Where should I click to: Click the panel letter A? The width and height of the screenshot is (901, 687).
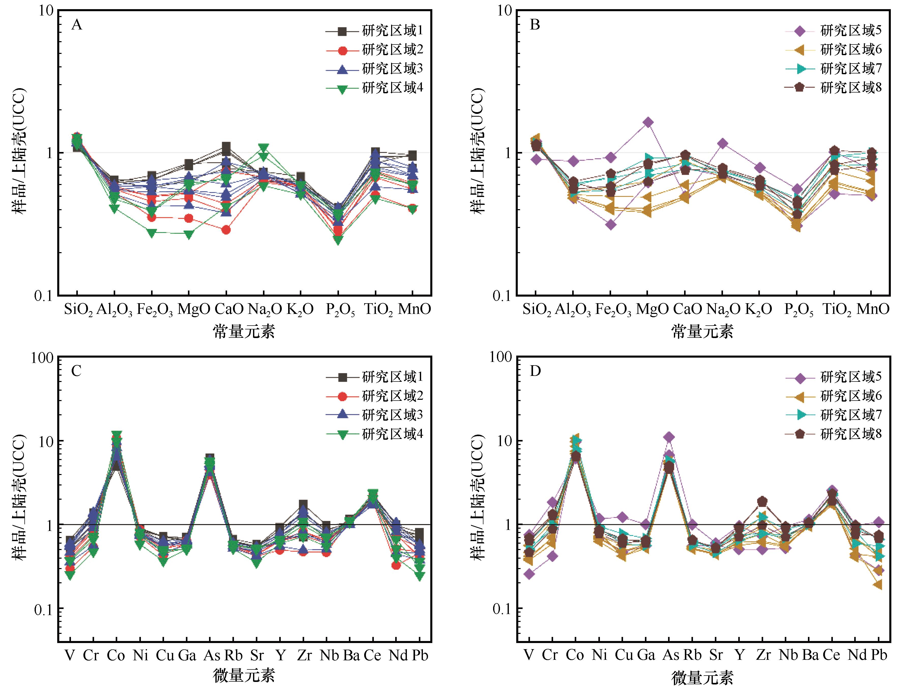77,25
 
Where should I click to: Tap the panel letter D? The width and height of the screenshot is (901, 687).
535,371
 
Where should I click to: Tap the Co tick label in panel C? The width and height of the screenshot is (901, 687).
116,655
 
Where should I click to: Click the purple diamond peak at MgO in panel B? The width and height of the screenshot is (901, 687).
648,122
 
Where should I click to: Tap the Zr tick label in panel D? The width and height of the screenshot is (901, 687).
763,655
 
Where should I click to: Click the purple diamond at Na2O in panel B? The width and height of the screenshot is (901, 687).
722,143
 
